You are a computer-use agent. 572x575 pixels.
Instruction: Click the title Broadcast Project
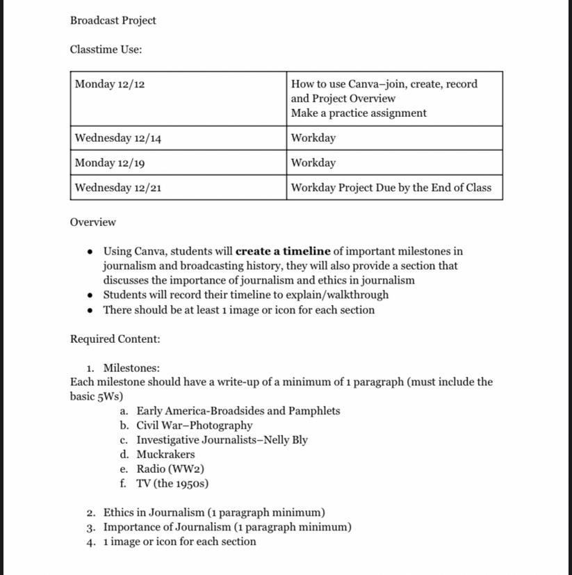tap(113, 20)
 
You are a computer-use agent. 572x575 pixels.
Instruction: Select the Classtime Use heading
tap(106, 49)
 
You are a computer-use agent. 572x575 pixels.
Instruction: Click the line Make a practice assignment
tap(359, 113)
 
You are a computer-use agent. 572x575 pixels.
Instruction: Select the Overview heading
tap(92, 222)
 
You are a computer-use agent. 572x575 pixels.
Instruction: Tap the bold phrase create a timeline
tap(283, 252)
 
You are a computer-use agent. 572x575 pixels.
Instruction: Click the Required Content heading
tap(115, 339)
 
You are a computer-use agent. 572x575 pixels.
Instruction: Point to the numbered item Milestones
tap(131, 368)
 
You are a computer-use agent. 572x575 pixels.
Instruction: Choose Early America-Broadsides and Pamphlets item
tap(238, 411)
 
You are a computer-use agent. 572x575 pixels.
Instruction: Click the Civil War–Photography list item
tap(194, 426)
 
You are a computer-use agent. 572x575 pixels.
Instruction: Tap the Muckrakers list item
tap(165, 455)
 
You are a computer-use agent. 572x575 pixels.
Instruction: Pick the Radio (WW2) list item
tap(170, 469)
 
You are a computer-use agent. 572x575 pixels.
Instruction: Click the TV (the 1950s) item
tap(172, 484)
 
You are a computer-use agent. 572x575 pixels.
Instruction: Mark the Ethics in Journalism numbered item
tap(214, 513)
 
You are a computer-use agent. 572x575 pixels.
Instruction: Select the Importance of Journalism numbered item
tap(227, 527)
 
